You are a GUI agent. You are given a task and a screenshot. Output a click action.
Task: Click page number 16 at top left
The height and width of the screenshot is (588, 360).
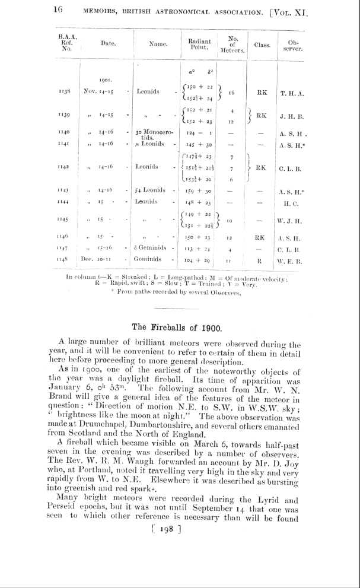(59, 10)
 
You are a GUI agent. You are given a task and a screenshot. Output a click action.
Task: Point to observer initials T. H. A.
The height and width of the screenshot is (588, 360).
(292, 93)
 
